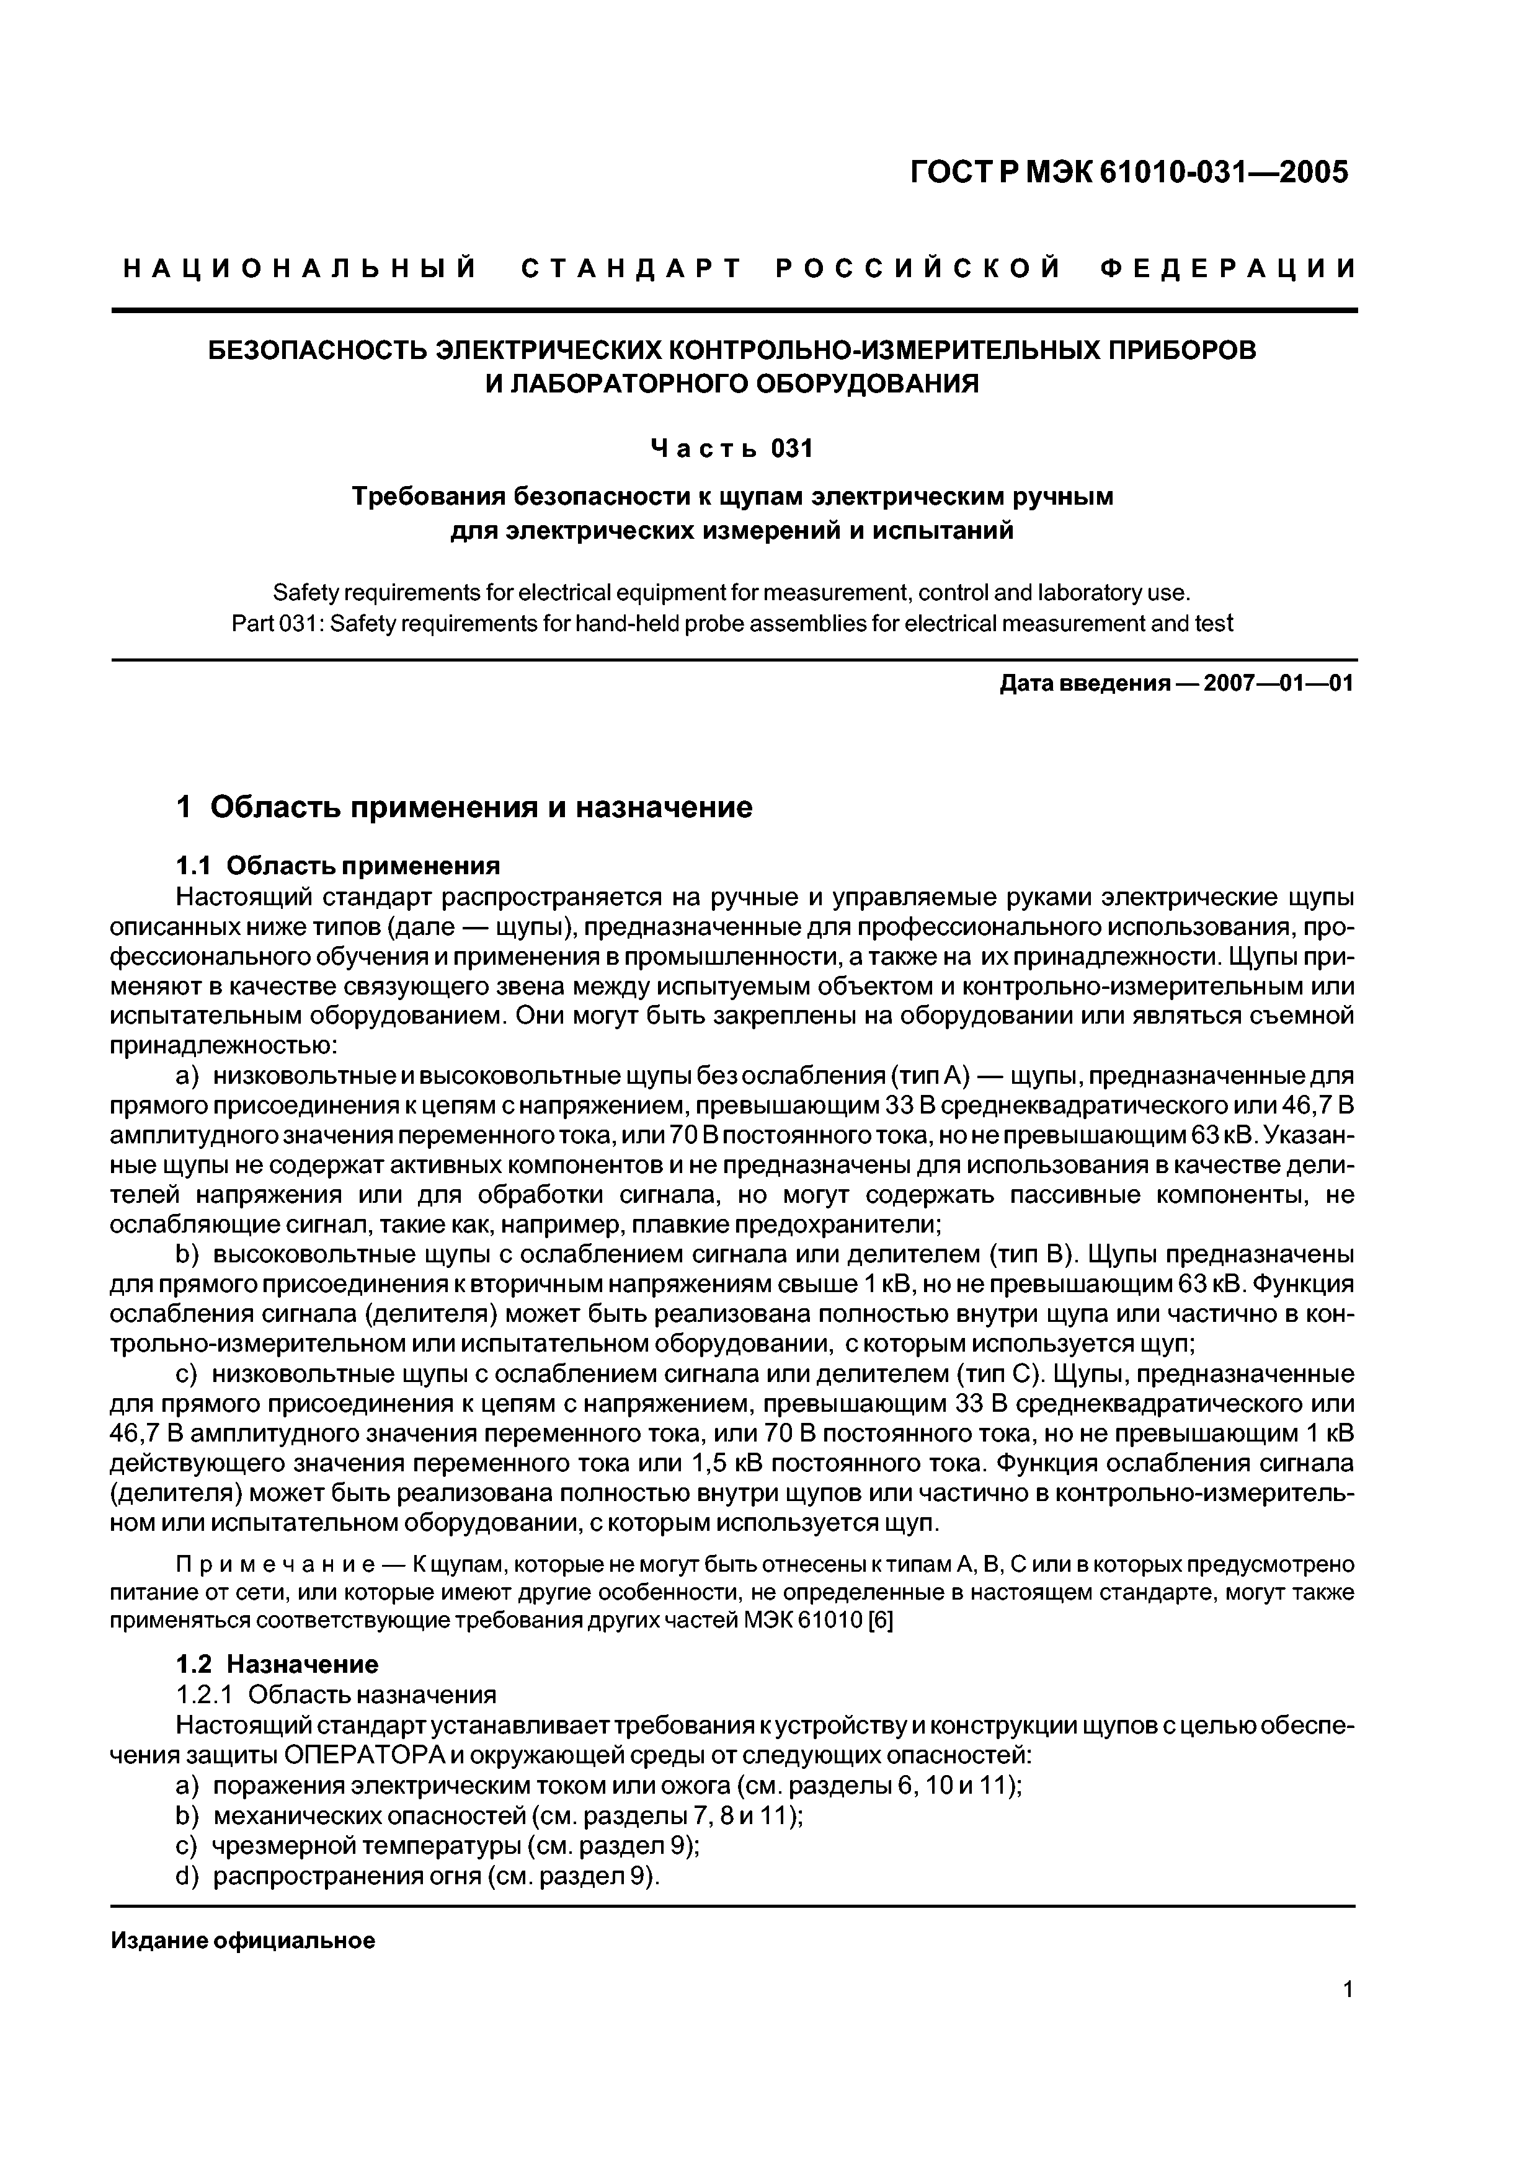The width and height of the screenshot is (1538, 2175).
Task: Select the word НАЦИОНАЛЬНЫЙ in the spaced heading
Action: (x=301, y=270)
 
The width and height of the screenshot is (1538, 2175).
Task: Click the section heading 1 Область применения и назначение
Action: (x=465, y=807)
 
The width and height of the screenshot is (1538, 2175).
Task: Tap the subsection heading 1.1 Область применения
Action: (x=339, y=866)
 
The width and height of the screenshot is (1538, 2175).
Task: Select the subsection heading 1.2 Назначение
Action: (x=278, y=1663)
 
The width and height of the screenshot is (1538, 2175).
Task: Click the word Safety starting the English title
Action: (x=300, y=593)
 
